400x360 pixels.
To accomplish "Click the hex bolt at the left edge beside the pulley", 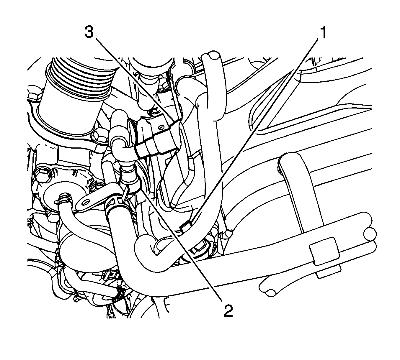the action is pyautogui.click(x=35, y=95).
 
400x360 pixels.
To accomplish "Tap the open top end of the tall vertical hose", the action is pyautogui.click(x=212, y=55).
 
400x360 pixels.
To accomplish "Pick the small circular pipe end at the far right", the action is pyautogui.click(x=370, y=234).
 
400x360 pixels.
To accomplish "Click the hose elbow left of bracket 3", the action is pyautogui.click(x=120, y=137).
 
